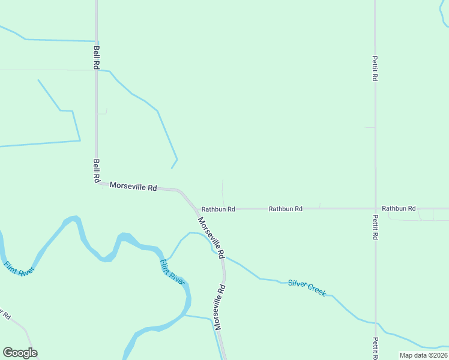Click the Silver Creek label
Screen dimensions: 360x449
point(307,287)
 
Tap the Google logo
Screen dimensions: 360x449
point(20,353)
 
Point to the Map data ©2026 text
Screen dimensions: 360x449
point(423,355)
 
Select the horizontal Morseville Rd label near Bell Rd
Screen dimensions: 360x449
point(133,187)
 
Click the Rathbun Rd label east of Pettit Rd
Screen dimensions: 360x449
point(399,208)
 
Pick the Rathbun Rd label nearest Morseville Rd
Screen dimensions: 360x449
point(218,209)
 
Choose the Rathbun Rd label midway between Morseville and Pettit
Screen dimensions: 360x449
point(285,209)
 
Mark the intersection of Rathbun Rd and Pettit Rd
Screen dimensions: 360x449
point(375,208)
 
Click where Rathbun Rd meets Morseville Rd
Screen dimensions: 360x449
point(197,209)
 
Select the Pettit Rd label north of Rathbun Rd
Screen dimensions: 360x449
point(375,68)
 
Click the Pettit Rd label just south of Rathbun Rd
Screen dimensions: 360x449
point(375,227)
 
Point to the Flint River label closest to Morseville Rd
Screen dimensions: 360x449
point(172,271)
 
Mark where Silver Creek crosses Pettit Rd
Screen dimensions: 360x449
point(376,323)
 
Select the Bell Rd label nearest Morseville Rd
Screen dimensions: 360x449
point(96,170)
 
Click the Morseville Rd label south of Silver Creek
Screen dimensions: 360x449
point(220,307)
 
